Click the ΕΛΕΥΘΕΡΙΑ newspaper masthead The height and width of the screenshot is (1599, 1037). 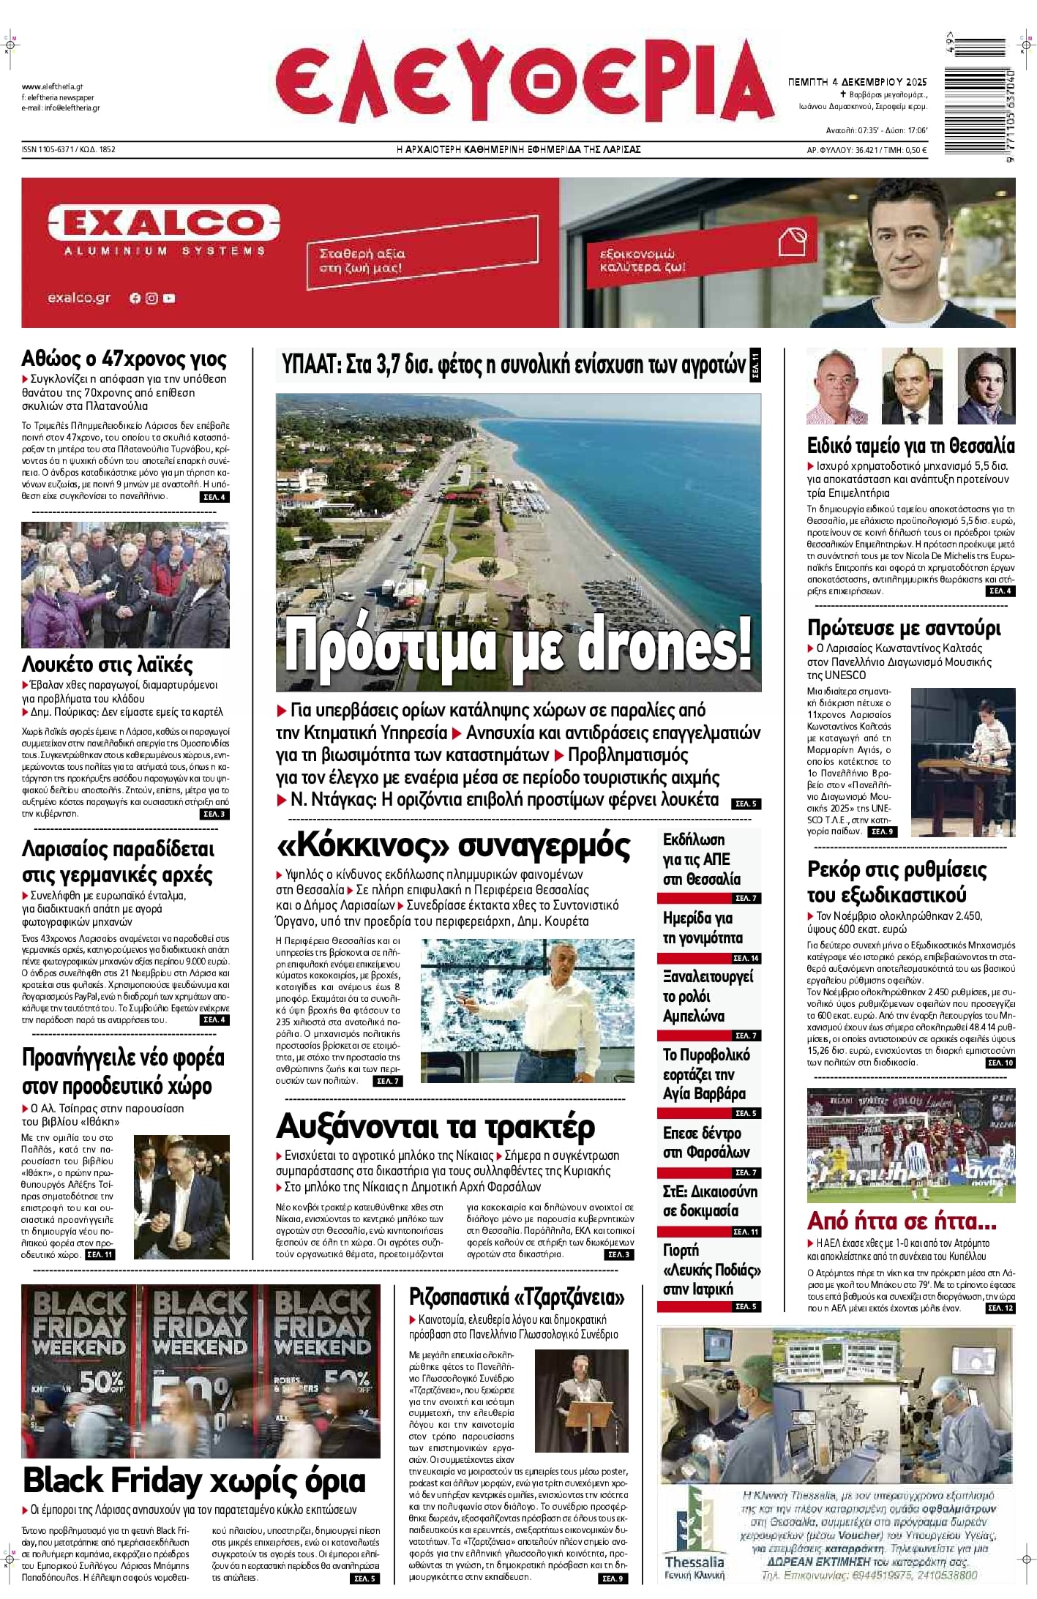[524, 83]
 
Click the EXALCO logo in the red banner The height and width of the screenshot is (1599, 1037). [163, 222]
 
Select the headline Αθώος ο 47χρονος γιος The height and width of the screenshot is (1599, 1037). [124, 359]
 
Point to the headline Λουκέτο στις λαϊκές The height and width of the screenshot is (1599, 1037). [107, 664]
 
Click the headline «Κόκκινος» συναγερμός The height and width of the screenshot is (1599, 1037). [453, 846]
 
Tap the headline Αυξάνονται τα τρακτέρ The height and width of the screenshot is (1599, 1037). [435, 1127]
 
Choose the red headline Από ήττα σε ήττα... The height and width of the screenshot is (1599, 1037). [901, 1221]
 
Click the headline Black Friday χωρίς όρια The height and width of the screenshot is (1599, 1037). [194, 1480]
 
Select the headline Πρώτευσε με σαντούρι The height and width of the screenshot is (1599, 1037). [904, 628]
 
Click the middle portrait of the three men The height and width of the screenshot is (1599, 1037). [911, 386]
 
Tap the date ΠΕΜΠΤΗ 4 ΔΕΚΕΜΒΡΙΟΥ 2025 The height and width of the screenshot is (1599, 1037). [857, 82]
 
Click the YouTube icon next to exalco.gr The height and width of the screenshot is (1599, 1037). [169, 298]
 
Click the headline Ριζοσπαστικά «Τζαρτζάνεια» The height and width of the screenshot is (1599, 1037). [517, 1297]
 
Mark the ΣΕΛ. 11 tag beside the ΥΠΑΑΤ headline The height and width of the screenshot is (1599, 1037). [755, 365]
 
